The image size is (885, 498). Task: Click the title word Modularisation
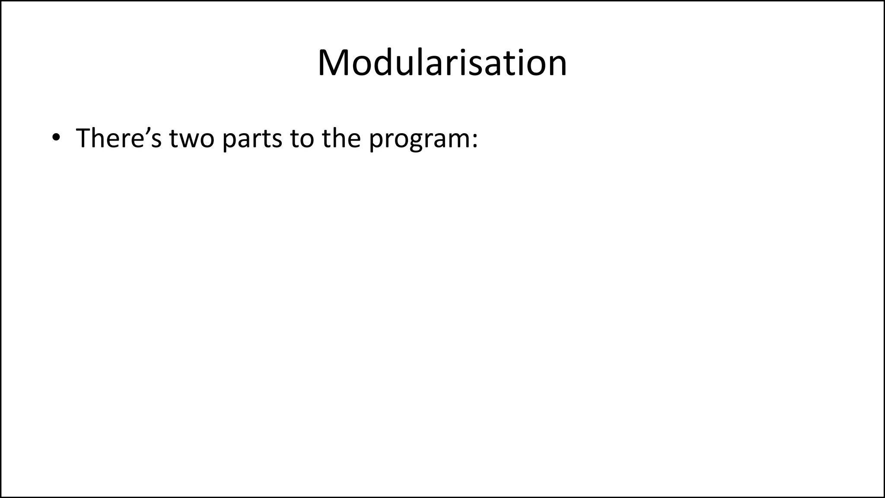442,63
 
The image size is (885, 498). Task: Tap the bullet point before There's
56,138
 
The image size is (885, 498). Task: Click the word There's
118,138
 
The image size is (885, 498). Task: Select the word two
191,138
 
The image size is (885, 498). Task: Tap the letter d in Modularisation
384,64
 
